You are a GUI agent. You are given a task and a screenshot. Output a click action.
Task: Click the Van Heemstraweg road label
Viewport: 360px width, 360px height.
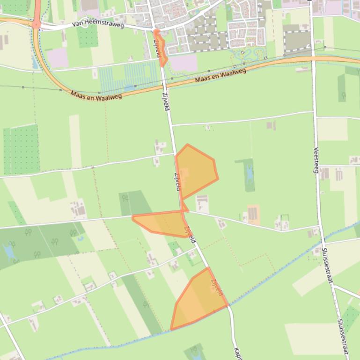(x=98, y=24)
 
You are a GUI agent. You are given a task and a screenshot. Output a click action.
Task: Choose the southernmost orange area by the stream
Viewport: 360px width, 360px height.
(x=199, y=299)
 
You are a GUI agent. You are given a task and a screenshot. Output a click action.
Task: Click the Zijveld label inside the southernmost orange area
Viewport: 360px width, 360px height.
(x=217, y=287)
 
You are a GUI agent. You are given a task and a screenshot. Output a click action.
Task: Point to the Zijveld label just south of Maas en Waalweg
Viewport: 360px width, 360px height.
(x=166, y=101)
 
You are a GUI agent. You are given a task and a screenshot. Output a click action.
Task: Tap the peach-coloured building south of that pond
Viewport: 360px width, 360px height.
(x=253, y=214)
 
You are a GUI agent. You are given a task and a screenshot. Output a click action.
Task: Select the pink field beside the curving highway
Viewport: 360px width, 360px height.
(x=57, y=58)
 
